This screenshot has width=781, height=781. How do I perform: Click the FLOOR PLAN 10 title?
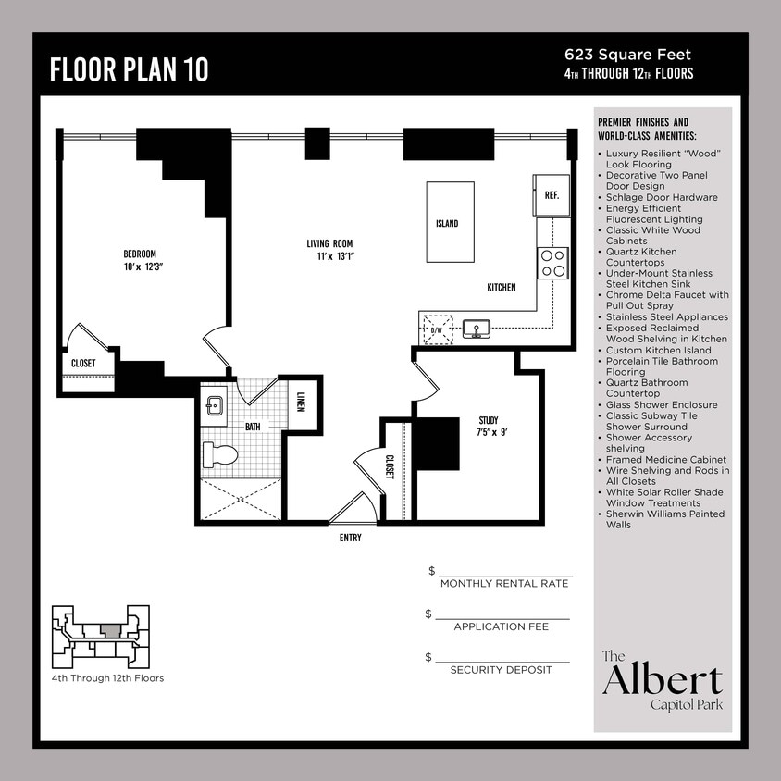[x=129, y=70]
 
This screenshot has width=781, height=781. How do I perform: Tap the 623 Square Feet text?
[x=627, y=56]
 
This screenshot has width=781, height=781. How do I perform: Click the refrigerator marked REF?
[x=551, y=195]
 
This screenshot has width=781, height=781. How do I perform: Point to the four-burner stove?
[x=552, y=264]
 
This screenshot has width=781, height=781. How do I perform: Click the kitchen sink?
[x=478, y=329]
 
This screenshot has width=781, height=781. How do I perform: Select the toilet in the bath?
[x=220, y=454]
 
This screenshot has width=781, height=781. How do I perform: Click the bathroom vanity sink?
[x=214, y=404]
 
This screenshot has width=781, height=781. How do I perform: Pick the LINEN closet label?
[x=302, y=403]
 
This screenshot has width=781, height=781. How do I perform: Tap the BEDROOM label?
[x=140, y=254]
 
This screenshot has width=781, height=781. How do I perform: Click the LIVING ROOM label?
[x=330, y=244]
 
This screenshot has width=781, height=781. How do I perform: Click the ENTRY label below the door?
[x=350, y=538]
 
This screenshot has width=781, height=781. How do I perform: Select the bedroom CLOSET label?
[x=83, y=364]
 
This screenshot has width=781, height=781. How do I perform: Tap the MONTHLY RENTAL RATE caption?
[x=504, y=584]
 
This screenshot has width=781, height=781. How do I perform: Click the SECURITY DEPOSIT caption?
[x=501, y=669]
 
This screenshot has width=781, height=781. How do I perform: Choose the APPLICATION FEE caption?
[x=501, y=626]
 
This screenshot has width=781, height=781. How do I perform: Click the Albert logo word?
[x=662, y=680]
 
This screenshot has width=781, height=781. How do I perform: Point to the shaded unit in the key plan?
[x=110, y=630]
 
